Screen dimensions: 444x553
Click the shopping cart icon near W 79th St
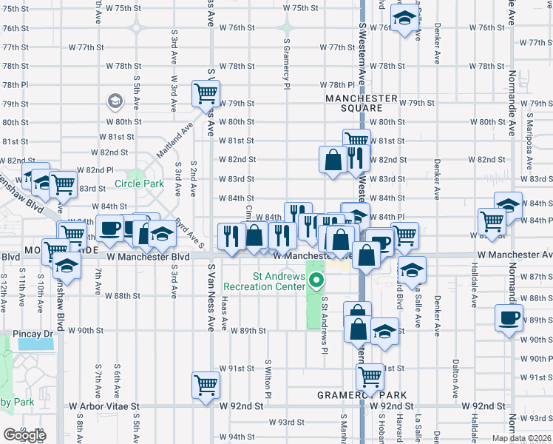coord(206,93)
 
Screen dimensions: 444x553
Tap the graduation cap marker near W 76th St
coord(404,18)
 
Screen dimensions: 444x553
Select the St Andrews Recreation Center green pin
coord(316,280)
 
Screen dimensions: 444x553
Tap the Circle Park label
coord(138,184)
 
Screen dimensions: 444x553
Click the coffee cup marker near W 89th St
coord(509,318)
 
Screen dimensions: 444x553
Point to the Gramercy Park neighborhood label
coord(359,394)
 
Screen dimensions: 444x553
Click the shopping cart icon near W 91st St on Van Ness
coord(206,384)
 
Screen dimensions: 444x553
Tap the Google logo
coord(24,434)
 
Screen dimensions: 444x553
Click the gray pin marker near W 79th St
coord(115,101)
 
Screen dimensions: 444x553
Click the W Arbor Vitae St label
coord(104,406)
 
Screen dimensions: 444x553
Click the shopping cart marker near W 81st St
coord(356,139)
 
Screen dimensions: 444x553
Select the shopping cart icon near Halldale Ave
coord(492,220)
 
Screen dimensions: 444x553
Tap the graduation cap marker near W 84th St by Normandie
coord(508,205)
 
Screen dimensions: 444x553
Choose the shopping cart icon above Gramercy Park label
coord(370,376)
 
